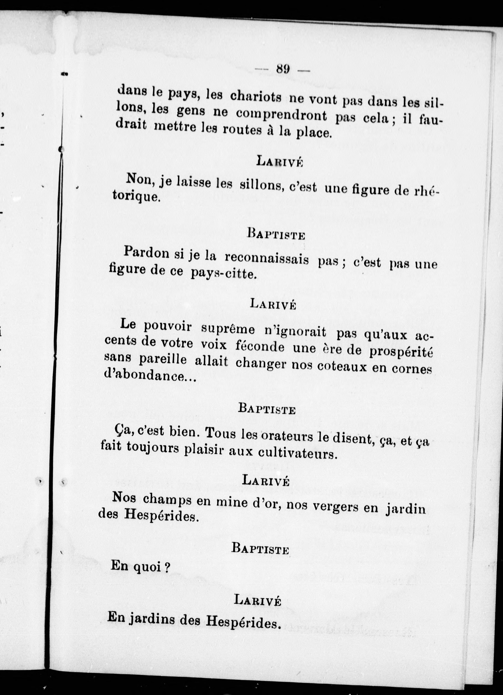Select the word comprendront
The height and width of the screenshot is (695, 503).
pyautogui.click(x=281, y=116)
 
